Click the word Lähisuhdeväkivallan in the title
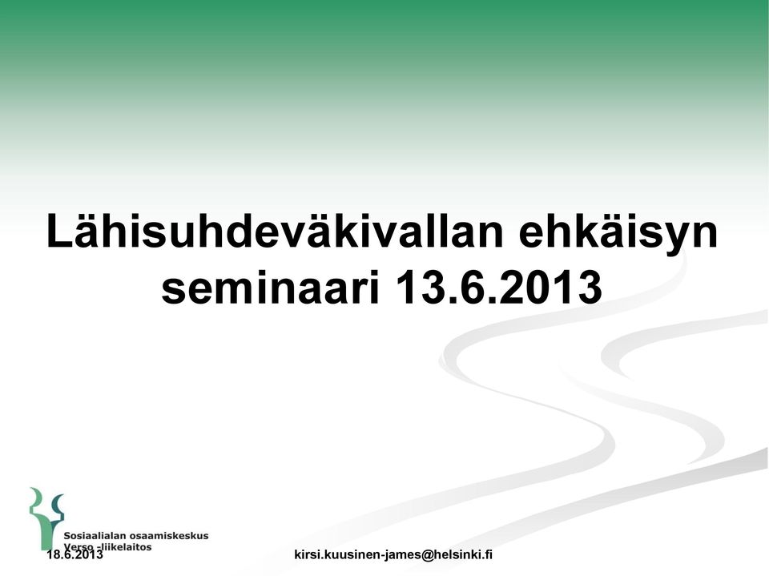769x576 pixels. coord(275,231)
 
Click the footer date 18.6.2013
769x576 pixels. coord(75,555)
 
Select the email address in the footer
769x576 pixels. coord(393,555)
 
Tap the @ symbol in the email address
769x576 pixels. coord(426,555)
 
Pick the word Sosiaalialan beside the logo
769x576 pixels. coord(95,536)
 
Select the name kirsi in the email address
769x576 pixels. coord(305,555)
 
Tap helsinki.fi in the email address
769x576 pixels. coord(462,555)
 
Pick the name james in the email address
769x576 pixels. coord(405,555)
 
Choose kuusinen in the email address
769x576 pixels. coord(352,555)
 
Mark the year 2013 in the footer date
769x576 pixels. coord(90,555)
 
